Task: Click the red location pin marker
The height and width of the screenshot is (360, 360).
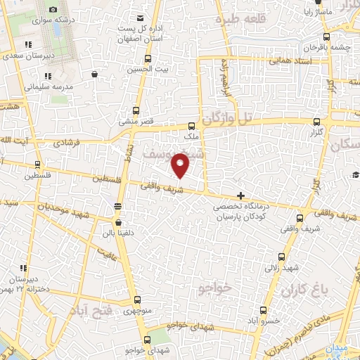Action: coord(181,165)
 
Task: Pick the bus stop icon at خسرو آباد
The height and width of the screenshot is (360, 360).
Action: coord(263,310)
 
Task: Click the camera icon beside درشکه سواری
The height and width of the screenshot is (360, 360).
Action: coord(53,11)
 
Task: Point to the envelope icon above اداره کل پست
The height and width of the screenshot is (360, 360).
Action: coord(141,18)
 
